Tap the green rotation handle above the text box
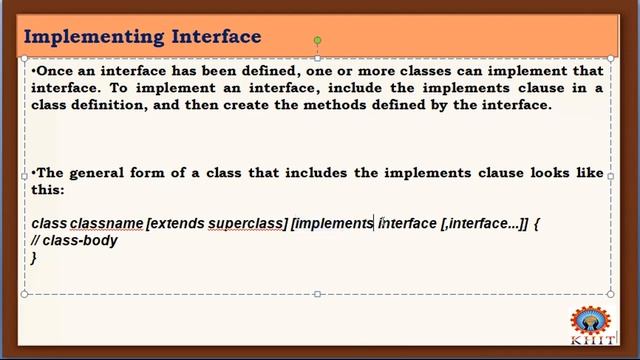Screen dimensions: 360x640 [317, 41]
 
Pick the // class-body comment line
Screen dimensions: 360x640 [74, 240]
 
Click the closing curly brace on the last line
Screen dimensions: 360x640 [34, 257]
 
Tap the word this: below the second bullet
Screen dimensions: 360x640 [48, 188]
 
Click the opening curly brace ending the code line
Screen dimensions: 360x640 [537, 223]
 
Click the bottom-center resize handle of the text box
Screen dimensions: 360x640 [317, 294]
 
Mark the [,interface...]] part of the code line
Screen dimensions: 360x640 [484, 223]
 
